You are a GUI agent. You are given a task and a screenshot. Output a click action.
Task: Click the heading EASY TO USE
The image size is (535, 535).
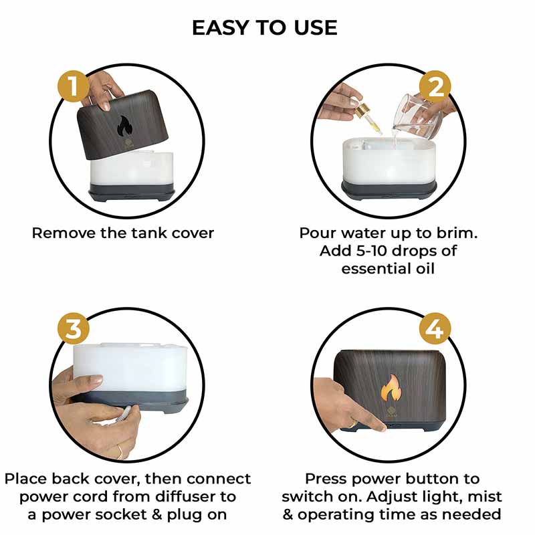tap(264, 27)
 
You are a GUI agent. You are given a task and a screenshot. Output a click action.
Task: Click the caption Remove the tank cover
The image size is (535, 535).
tap(123, 233)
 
